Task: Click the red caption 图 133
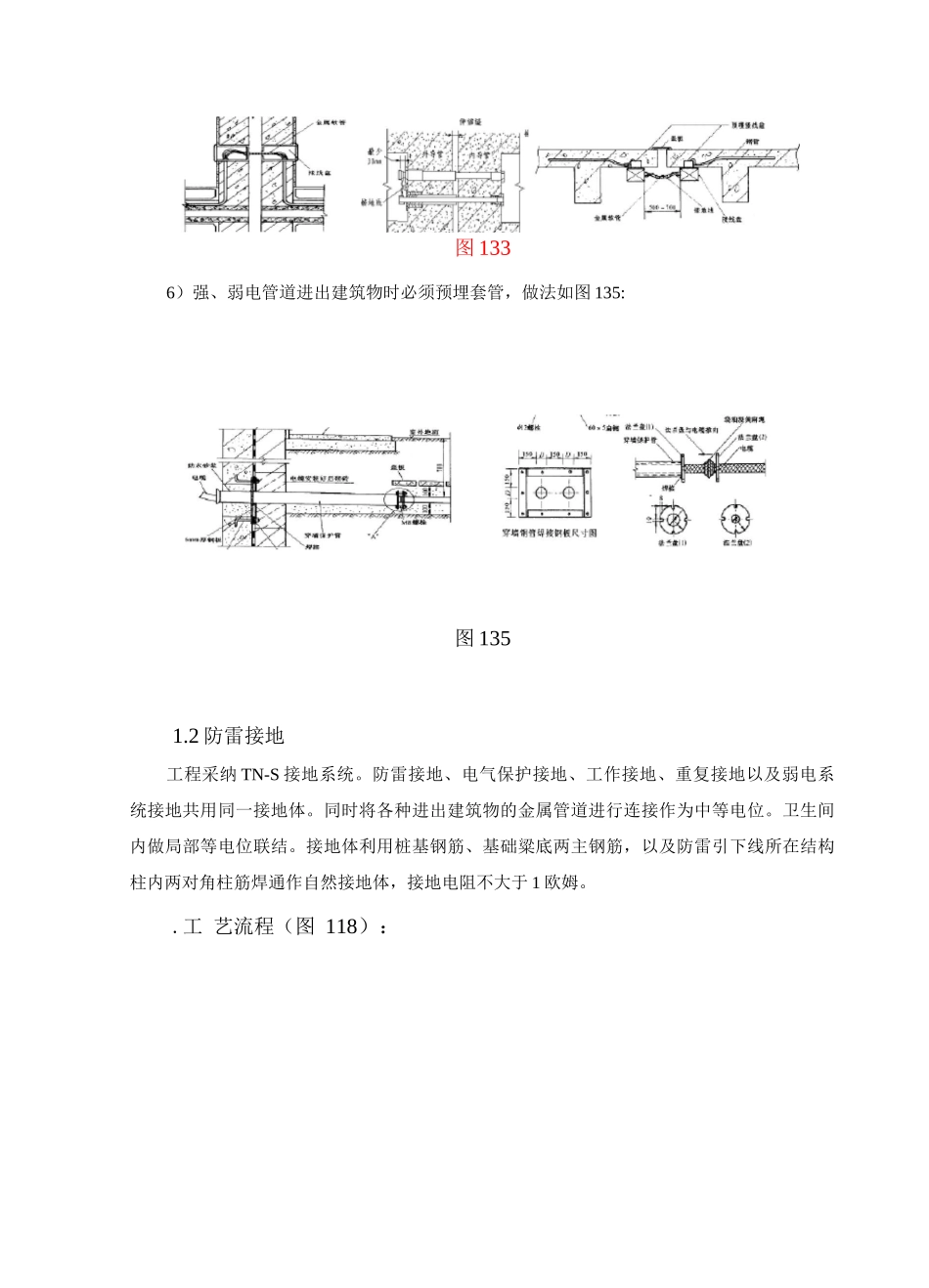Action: coord(483,248)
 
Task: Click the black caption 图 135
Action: coord(483,639)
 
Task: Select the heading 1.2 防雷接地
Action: coord(228,735)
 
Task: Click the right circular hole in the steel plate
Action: coord(569,495)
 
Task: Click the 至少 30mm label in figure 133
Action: coord(373,158)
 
